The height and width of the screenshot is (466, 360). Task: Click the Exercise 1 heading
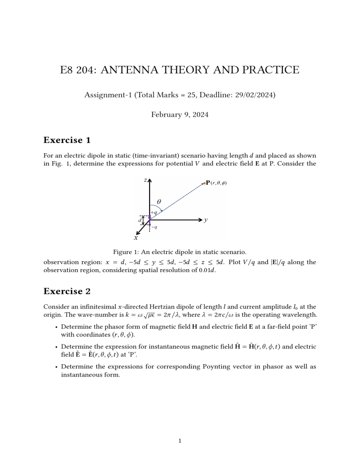pos(67,140)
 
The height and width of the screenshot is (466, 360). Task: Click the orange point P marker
pos(204,183)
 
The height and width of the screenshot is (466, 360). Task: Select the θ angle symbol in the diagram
pos(158,201)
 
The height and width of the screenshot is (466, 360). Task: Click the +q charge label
pos(154,212)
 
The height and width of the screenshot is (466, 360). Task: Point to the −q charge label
pos(154,227)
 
